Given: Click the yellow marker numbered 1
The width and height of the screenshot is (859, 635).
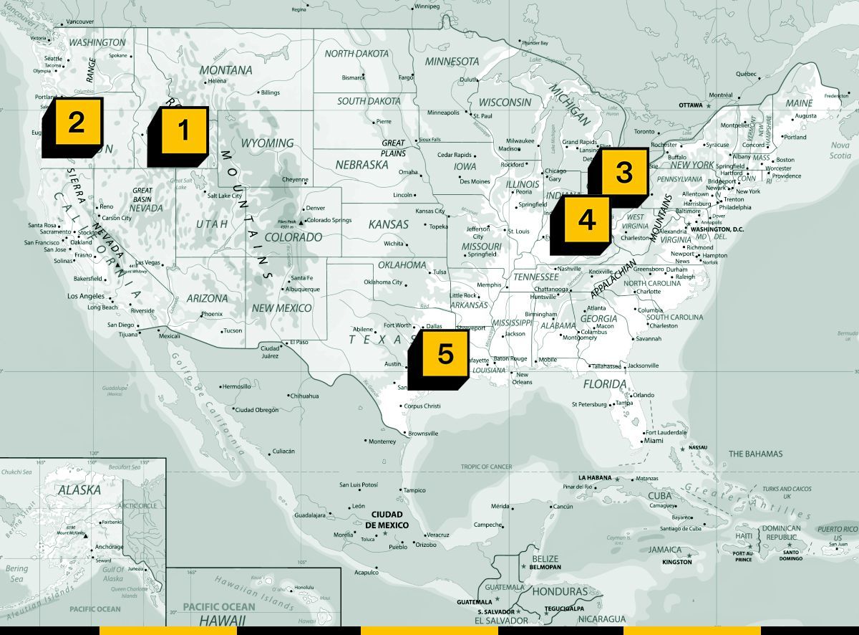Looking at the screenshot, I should coord(183,130).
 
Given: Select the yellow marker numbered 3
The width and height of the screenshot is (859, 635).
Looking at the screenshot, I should coord(623,172).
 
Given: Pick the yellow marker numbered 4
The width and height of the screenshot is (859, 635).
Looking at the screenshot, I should coord(587,220).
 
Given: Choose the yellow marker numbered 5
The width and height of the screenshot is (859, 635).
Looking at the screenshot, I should coord(445,353).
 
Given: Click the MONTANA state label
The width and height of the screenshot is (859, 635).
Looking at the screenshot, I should coord(225,70).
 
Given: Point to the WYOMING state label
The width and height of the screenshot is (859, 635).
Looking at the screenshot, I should coord(267,143).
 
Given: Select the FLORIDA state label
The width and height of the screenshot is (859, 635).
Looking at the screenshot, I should coord(605,384).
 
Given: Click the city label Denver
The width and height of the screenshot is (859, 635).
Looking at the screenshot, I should coord(315,208).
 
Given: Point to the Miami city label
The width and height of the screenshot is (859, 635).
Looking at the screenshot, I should coord(653,441).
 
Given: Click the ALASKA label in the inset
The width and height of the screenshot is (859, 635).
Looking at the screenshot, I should coord(79,490).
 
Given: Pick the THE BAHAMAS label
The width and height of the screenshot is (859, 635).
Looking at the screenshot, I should coord(755,454).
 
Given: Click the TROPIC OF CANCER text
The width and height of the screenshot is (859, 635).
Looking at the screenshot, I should coord(486,467).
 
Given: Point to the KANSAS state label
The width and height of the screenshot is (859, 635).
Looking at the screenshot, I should coord(388,224).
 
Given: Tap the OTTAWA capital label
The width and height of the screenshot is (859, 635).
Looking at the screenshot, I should coord(691,105).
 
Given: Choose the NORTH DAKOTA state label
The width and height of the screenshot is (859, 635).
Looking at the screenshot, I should coord(356,54).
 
